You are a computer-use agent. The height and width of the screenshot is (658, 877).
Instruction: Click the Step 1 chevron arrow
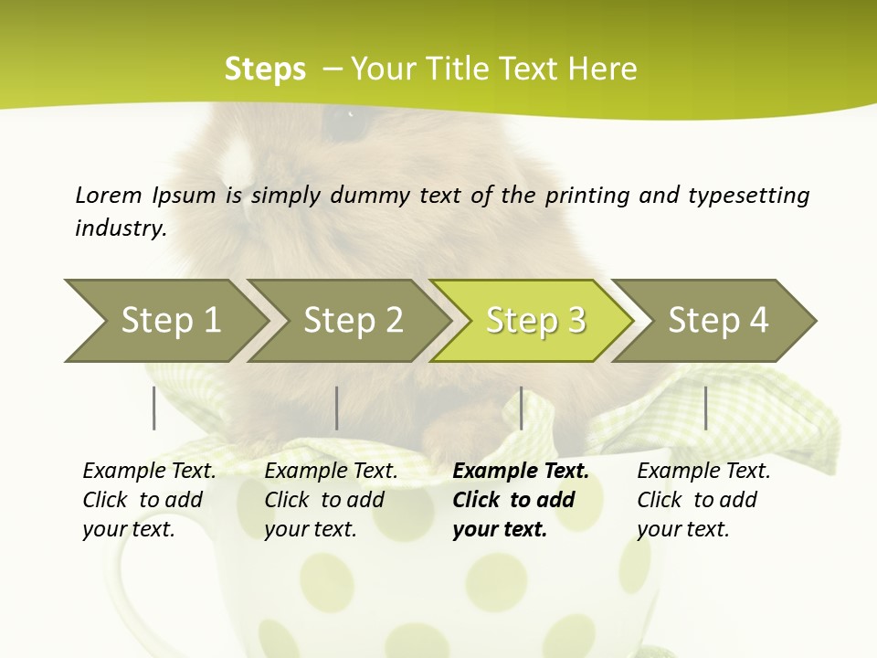[x=164, y=321]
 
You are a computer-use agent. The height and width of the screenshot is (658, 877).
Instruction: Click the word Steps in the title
[x=265, y=69]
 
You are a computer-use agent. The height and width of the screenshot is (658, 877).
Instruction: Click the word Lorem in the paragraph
[x=108, y=195]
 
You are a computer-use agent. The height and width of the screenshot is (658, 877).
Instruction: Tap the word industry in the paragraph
[x=121, y=228]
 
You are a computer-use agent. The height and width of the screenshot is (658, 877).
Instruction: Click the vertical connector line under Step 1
[x=154, y=408]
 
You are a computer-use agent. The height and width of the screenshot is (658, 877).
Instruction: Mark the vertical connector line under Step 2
[x=337, y=408]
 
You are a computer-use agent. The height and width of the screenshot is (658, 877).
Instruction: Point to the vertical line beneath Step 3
[x=522, y=408]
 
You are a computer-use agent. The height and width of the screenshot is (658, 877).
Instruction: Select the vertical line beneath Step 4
[x=706, y=408]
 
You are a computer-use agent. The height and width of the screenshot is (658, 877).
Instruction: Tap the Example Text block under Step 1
[x=149, y=500]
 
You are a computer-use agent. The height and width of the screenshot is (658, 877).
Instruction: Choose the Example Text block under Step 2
[x=331, y=500]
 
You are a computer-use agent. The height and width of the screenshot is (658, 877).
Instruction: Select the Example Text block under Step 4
[x=703, y=500]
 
